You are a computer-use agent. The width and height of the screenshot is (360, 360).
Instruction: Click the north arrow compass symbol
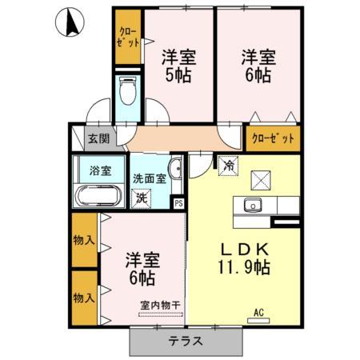click(71, 22)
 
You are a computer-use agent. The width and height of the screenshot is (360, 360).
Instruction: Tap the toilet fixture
click(126, 92)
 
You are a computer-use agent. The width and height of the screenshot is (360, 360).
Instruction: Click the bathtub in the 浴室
click(98, 196)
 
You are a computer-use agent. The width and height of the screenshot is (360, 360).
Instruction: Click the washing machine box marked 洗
click(142, 198)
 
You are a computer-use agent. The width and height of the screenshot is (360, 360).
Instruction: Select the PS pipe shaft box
click(179, 202)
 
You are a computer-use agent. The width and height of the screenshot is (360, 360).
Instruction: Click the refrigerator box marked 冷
click(228, 167)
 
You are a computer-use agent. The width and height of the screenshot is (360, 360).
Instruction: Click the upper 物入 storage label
click(84, 240)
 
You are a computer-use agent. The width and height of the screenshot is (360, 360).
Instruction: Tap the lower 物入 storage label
click(84, 298)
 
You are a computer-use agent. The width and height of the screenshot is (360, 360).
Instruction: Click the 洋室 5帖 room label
click(178, 67)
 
